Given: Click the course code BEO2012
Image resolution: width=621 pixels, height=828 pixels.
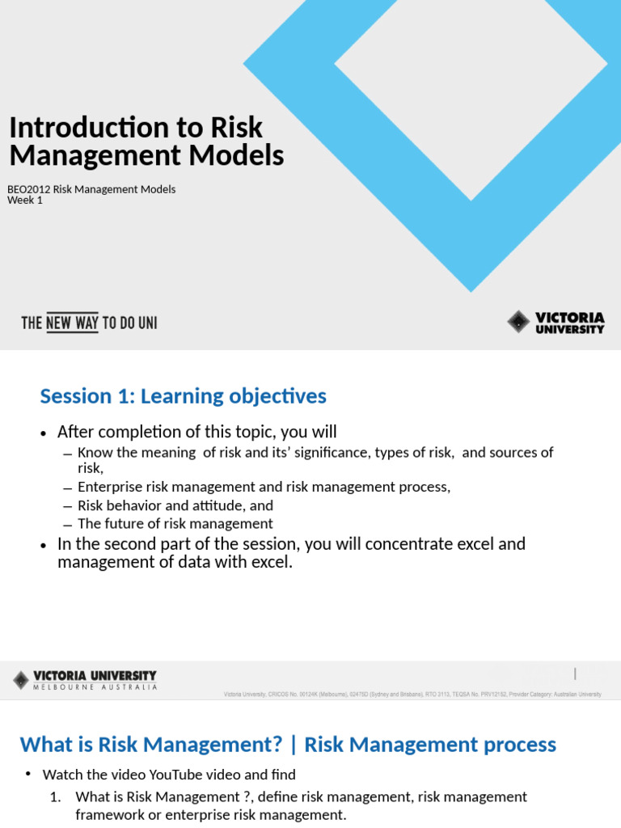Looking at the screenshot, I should point(28,189).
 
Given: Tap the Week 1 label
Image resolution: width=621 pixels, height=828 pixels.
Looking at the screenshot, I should point(25,201).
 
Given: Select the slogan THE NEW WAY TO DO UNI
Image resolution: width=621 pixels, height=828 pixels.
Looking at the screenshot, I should point(89,323).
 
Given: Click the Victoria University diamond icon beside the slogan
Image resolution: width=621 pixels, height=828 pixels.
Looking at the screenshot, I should point(518,322).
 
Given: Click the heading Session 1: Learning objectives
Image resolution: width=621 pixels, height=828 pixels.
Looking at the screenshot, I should point(184,396).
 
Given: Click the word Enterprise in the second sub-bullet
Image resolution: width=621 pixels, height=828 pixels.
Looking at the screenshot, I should point(111,487).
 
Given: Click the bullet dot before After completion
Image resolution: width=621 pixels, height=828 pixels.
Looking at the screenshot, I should point(44,433).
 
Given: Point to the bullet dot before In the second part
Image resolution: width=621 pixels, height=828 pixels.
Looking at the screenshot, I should point(44,546).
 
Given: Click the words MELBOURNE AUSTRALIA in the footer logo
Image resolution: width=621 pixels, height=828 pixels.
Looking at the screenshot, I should point(95,687).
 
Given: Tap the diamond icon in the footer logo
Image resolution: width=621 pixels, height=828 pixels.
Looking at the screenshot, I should point(21,680).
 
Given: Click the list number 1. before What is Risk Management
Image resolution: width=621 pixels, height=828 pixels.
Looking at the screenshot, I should point(55,797).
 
